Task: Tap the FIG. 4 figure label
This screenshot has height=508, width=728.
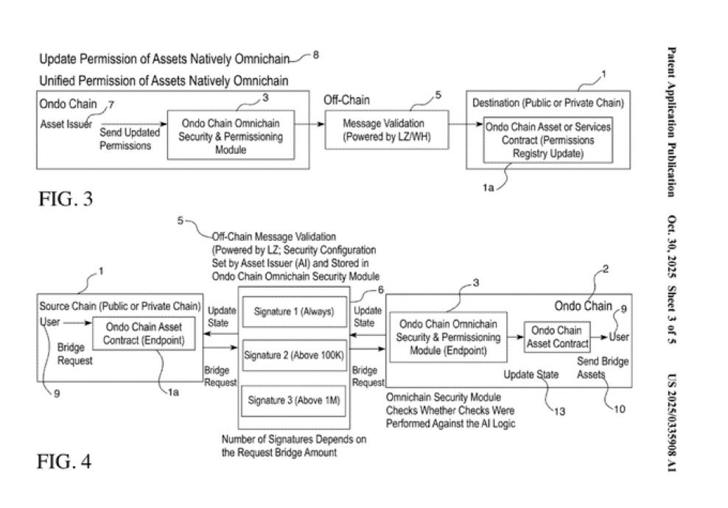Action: coord(65,462)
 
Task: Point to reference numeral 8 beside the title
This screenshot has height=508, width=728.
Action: coord(316,54)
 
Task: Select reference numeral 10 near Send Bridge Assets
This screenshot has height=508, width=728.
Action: coord(619,409)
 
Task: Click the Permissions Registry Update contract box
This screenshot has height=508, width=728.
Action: coord(547,140)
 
